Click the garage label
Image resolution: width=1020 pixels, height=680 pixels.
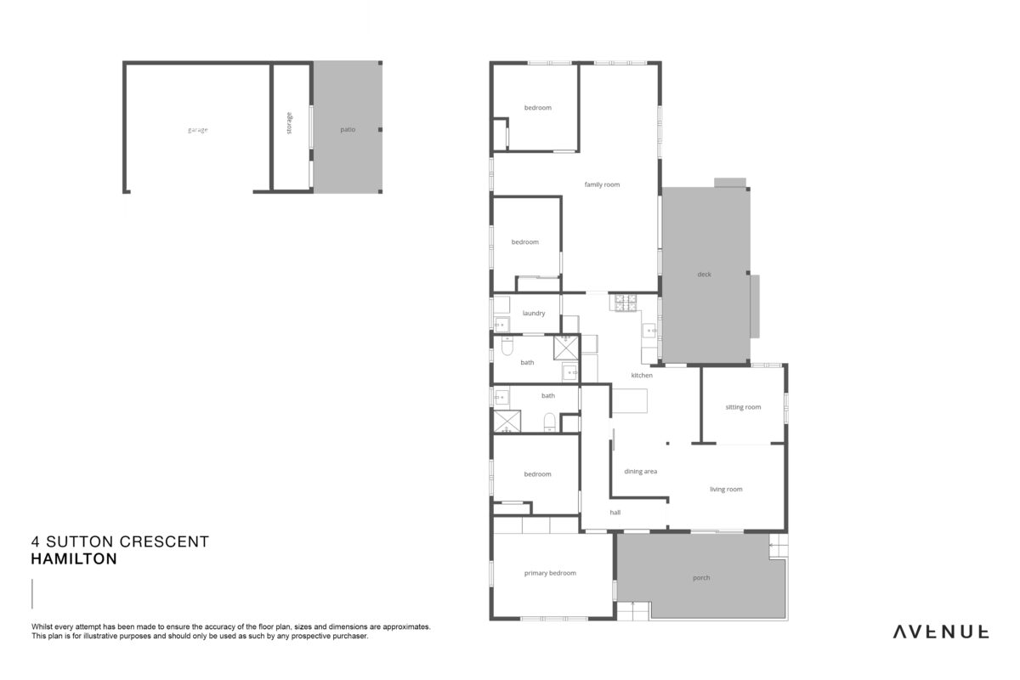[x=197, y=130]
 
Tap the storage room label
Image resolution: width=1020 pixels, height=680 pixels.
[x=289, y=123]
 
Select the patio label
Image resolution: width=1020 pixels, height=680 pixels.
[x=348, y=130]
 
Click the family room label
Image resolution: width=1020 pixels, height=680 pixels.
[x=602, y=184]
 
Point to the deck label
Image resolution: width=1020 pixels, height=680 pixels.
[x=704, y=275]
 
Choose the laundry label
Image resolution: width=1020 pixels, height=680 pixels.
[x=534, y=314]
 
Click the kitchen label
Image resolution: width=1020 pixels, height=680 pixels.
[x=642, y=376]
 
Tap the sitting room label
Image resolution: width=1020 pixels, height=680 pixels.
[x=743, y=407]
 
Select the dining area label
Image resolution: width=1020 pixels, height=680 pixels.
[x=640, y=472]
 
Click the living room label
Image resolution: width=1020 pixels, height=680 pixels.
[x=726, y=489]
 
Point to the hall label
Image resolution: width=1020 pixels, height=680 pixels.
[x=615, y=513]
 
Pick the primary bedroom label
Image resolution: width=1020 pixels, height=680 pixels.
[x=550, y=573]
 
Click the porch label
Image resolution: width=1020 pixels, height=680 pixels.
[x=701, y=577]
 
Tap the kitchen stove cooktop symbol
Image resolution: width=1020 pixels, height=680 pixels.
[x=626, y=303]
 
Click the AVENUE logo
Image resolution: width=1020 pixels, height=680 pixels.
[x=940, y=632]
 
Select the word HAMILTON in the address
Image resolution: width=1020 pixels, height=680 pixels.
[x=74, y=558]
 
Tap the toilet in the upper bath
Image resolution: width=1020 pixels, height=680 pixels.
[x=507, y=346]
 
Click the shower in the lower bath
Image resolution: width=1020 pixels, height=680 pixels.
[x=507, y=422]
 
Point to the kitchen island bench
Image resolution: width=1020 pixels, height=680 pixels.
[x=629, y=401]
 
